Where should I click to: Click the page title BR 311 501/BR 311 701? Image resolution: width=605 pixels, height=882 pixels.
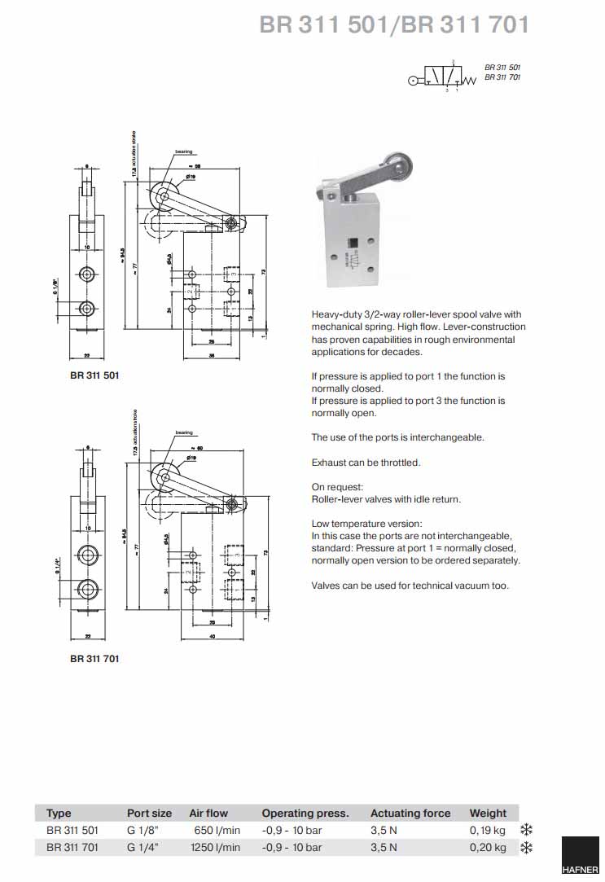394,25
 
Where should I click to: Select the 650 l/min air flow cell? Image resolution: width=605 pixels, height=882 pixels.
217,830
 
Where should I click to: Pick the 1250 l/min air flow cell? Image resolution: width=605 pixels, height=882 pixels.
215,848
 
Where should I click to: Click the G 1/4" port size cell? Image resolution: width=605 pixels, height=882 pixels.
142,848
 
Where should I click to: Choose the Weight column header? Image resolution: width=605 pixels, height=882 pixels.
488,813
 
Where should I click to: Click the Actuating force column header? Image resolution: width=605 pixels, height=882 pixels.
410,813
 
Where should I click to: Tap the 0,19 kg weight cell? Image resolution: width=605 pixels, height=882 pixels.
488,830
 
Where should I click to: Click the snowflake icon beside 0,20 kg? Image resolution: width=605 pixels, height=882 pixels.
526,848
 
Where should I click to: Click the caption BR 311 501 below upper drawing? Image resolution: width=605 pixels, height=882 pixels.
94,375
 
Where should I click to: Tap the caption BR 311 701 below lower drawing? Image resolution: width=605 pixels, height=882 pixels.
94,658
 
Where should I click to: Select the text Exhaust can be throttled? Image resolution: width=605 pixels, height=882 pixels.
366,463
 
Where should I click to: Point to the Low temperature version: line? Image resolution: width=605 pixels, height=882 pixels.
366,524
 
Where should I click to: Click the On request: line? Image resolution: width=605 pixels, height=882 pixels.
337,487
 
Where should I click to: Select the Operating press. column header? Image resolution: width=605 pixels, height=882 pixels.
305,813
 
